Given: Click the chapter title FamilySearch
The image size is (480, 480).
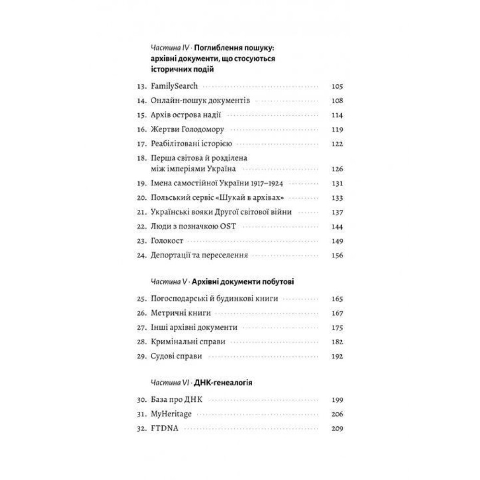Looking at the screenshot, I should click(171, 87).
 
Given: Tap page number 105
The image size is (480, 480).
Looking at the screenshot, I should click(337, 87).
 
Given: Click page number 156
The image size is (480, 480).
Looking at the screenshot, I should click(337, 255).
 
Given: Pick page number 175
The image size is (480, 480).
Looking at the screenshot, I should click(337, 327).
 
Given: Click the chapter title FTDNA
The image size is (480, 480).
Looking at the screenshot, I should click(164, 429).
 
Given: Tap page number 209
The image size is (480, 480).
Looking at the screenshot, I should click(337, 429).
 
